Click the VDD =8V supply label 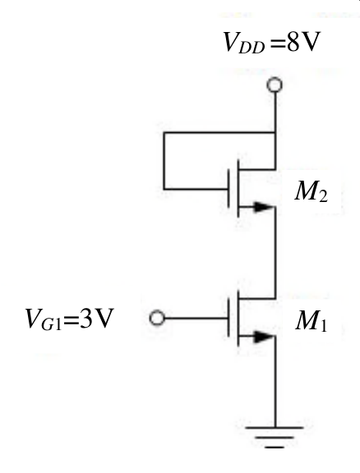[x=271, y=42]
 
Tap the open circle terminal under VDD [x=275, y=85]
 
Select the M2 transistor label [x=311, y=192]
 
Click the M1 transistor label [x=311, y=321]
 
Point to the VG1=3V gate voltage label [x=69, y=319]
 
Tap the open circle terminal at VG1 [x=157, y=318]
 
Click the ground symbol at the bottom [x=275, y=437]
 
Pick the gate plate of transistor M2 [x=228, y=189]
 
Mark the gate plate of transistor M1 [x=228, y=318]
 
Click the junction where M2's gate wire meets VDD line [x=275, y=132]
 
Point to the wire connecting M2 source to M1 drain [x=275, y=252]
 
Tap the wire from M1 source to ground [x=275, y=382]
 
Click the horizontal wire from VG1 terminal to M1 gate [x=196, y=318]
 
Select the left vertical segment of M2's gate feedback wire [x=164, y=161]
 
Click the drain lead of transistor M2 [x=257, y=169]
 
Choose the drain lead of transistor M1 [x=257, y=299]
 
